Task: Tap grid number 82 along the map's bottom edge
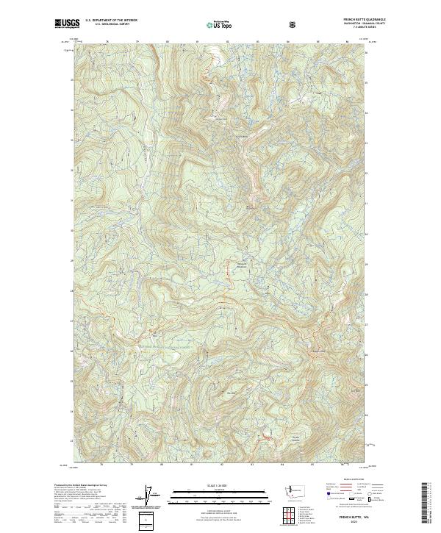pos(221,465)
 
